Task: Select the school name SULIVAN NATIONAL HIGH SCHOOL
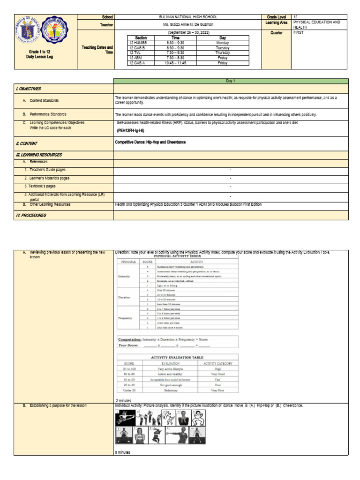pos(187,17)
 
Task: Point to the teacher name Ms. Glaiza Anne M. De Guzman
pos(187,24)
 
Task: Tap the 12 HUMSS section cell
pos(138,43)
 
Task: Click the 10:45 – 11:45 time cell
pos(176,62)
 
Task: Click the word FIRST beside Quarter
pos(299,33)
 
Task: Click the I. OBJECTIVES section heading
pos(29,89)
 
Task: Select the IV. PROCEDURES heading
pos(31,215)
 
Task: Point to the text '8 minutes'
pos(123,452)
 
